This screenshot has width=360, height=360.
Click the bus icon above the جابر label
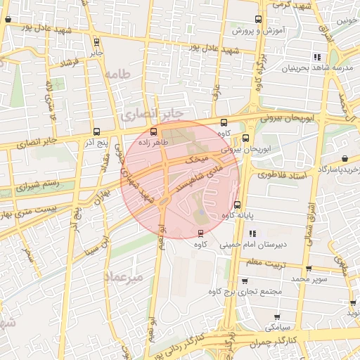pyautogui.click(x=96, y=42)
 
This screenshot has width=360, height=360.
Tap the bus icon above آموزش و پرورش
pyautogui.click(x=257, y=20)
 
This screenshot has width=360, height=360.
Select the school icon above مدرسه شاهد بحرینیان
pyautogui.click(x=318, y=57)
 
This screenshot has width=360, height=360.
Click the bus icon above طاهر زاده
pyautogui.click(x=154, y=131)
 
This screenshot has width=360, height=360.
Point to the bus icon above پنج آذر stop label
pyautogui.click(x=96, y=131)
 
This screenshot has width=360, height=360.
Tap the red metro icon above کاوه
pyautogui.click(x=200, y=233)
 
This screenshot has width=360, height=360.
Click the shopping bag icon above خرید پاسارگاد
pyautogui.click(x=345, y=159)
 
